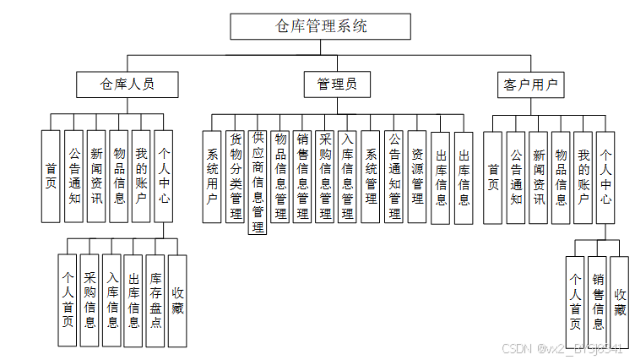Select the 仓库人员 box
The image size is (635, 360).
(128, 85)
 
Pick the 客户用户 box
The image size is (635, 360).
(530, 85)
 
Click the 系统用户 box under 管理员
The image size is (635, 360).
(212, 177)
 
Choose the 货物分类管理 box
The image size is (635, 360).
(236, 177)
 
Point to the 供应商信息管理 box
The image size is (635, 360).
(258, 182)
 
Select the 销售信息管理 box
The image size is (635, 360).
(301, 177)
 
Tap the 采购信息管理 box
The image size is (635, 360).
(324, 177)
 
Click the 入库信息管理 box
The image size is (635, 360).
(347, 177)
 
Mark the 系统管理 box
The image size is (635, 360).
(371, 177)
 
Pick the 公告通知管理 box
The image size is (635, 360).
(393, 177)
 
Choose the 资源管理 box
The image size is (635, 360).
(417, 177)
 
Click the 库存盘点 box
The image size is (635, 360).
(155, 300)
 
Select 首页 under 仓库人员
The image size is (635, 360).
(52, 176)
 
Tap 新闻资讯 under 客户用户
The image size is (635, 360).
(538, 177)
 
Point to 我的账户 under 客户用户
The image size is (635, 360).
(583, 177)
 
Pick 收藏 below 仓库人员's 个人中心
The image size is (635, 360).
(177, 300)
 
